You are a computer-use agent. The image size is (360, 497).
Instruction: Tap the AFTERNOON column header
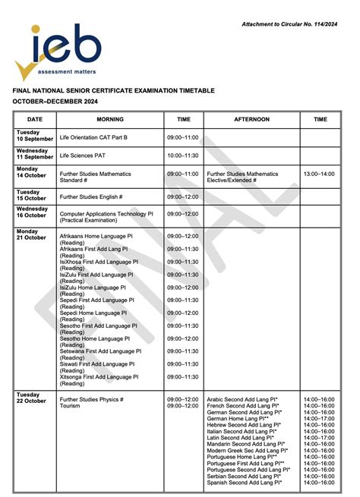pyautogui.click(x=251, y=119)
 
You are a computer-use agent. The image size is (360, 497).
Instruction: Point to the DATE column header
pyautogui.click(x=35, y=119)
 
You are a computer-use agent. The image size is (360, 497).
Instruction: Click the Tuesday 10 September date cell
pyautogui.click(x=35, y=137)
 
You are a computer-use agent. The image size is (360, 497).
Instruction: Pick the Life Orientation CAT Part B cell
pyautogui.click(x=93, y=137)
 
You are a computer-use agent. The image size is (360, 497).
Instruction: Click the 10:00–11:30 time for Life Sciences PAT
pyautogui.click(x=182, y=156)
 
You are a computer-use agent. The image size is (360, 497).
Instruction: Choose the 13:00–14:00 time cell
pyautogui.click(x=320, y=174)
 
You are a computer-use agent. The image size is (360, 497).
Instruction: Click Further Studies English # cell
pyautogui.click(x=91, y=197)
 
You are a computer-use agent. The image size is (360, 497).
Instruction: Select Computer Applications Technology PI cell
pyautogui.click(x=106, y=215)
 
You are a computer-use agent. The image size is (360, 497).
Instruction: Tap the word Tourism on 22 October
pyautogui.click(x=70, y=406)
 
